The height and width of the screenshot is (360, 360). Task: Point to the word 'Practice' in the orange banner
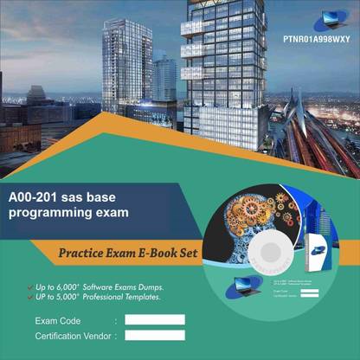pos(84,253)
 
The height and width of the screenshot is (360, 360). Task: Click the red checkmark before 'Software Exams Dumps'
pos(32,286)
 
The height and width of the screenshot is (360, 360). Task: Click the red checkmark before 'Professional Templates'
pos(32,297)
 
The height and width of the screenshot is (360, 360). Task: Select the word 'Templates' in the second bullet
pos(140,297)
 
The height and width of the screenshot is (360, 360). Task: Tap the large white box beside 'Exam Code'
pos(154,319)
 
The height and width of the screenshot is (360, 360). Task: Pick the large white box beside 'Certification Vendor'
pos(154,335)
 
